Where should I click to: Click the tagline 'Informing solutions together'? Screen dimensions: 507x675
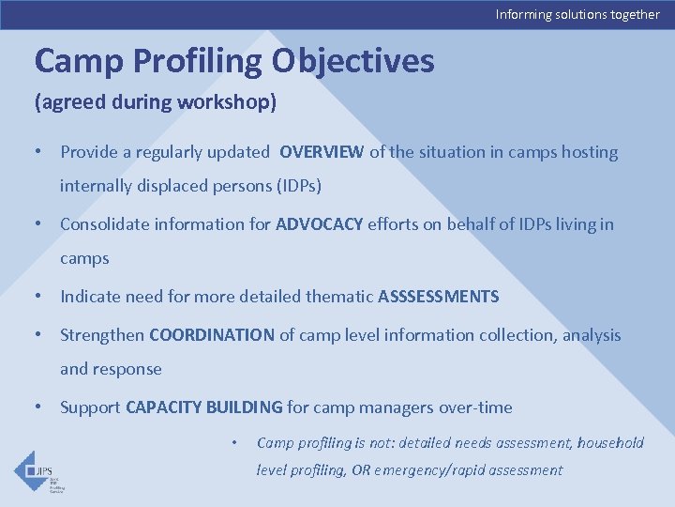577,14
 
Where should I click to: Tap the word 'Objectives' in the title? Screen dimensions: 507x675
353,61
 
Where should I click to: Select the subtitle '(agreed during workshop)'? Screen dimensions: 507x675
156,102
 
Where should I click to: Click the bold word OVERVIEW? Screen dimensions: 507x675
322,152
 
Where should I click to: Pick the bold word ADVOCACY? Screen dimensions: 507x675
319,224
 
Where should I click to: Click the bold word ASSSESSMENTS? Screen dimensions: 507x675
438,297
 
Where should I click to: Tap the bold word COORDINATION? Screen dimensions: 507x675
211,335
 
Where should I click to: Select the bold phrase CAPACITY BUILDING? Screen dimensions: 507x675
203,407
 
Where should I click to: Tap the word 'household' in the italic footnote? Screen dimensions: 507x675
610,442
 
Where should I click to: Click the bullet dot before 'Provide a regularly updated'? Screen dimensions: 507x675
38,152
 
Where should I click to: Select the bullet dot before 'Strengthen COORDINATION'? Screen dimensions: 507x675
38,335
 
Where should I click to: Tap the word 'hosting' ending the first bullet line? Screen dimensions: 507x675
590,152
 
